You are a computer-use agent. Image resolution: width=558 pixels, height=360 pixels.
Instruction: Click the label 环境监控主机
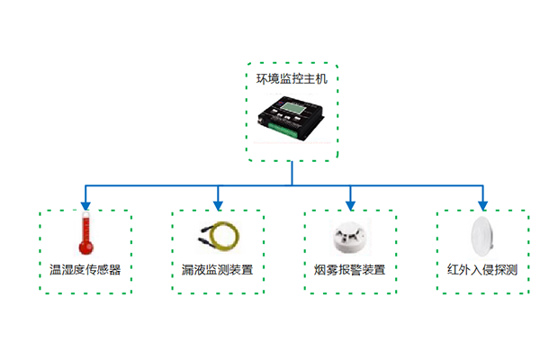pyautogui.click(x=292, y=79)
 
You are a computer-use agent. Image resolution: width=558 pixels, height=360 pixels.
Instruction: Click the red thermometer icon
pyautogui.click(x=85, y=237)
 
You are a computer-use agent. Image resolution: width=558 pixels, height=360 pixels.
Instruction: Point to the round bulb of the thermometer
pyautogui.click(x=85, y=249)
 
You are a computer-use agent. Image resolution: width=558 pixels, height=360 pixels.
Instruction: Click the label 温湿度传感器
pyautogui.click(x=85, y=269)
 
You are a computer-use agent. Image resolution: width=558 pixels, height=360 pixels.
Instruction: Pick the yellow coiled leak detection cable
pyautogui.click(x=219, y=237)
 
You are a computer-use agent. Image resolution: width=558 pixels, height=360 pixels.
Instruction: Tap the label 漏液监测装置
pyautogui.click(x=218, y=269)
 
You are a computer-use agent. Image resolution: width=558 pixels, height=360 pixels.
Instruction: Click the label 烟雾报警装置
pyautogui.click(x=350, y=269)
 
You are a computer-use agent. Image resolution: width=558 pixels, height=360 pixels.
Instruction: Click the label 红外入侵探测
pyautogui.click(x=482, y=269)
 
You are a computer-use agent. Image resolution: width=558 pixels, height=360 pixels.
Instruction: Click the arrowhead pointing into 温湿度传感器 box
pyautogui.click(x=85, y=203)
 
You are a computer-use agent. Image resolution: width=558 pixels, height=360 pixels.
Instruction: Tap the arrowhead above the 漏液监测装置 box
pyautogui.click(x=218, y=203)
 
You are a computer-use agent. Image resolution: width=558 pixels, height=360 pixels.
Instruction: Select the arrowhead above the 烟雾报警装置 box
pyautogui.click(x=350, y=203)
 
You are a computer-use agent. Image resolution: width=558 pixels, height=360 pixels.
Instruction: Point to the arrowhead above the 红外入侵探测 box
pyautogui.click(x=483, y=203)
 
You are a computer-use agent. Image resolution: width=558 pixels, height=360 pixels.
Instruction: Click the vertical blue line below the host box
pyautogui.click(x=292, y=174)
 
